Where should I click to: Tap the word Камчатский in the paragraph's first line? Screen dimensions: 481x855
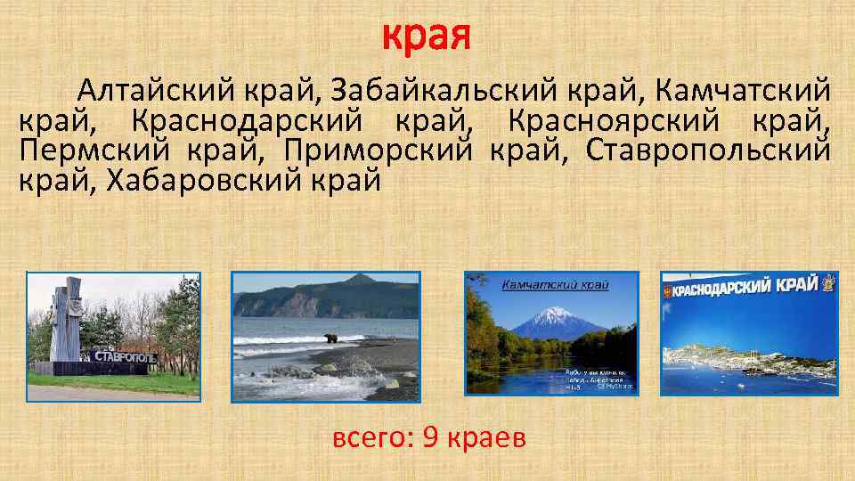coord(742,90)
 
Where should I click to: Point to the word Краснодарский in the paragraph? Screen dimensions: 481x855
coord(235,120)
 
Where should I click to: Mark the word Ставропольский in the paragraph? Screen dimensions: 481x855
coord(708,151)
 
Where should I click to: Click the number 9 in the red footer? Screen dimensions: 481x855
coord(431,438)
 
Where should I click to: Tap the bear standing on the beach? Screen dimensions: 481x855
coord(331,338)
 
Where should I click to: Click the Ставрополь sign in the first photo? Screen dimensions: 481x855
coord(125,357)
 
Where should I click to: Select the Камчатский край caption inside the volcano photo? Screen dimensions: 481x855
coord(555,285)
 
